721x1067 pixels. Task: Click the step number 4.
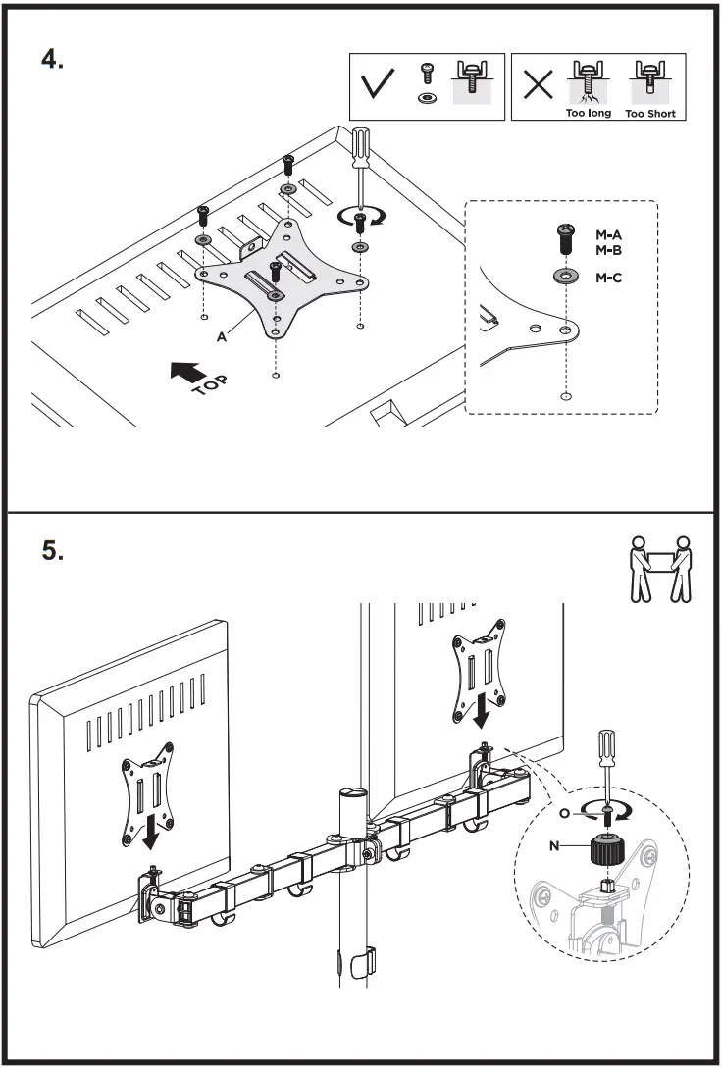coord(52,58)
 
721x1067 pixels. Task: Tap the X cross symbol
coord(538,85)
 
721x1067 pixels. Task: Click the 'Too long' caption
coord(588,113)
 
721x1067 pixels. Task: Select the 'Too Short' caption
coord(649,113)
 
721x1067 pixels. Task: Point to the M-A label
coord(609,234)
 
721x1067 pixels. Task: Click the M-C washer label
coord(609,278)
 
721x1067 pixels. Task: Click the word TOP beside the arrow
coord(208,382)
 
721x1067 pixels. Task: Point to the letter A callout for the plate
coord(222,335)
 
